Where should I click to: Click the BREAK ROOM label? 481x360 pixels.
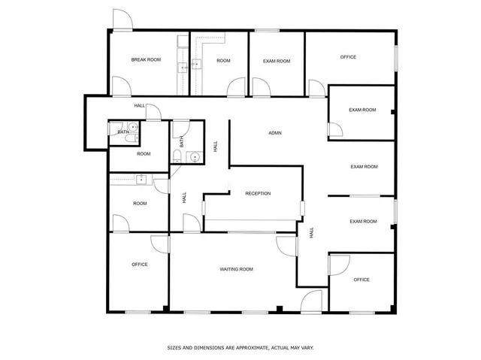(146, 59)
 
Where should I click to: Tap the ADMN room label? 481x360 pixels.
(275, 133)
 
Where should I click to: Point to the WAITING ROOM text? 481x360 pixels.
(236, 269)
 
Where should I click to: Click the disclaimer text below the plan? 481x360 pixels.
(240, 348)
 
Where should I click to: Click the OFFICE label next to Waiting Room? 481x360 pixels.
(140, 264)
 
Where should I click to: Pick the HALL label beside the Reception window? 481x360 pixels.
(310, 234)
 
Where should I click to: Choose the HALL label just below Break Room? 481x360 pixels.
(140, 105)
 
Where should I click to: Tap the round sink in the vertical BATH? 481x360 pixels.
(194, 158)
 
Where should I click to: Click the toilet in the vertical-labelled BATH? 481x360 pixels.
(177, 156)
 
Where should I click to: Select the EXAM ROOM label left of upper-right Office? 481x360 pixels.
(271, 61)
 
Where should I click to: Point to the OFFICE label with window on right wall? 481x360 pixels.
(348, 57)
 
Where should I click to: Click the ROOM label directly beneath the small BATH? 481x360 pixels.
(144, 153)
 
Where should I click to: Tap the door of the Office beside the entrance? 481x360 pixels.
(338, 265)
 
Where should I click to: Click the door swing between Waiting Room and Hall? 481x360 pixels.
(286, 247)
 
